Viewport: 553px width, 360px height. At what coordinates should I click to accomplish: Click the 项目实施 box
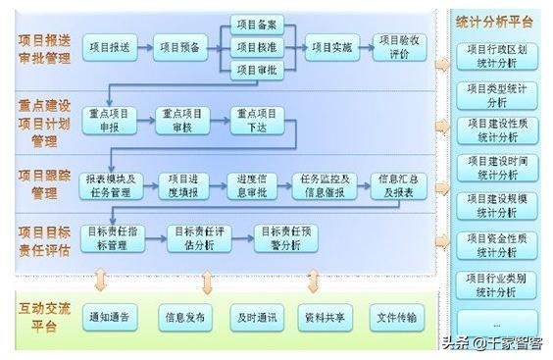331,46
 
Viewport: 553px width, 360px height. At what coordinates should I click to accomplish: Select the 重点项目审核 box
183,121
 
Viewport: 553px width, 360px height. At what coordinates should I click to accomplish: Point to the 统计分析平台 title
495,21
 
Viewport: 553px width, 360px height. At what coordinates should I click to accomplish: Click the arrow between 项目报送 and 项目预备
145,46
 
